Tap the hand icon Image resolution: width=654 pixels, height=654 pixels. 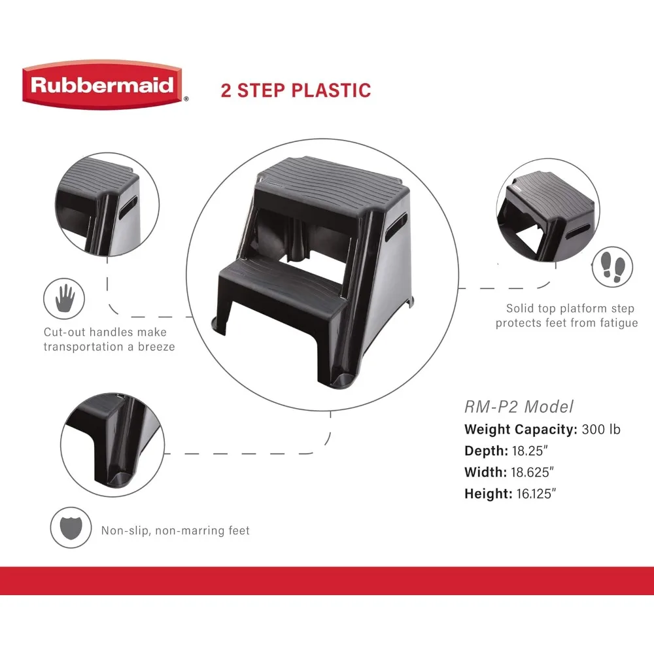tap(65, 300)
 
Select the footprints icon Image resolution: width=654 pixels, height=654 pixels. tap(612, 267)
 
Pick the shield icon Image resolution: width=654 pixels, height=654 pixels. tap(71, 528)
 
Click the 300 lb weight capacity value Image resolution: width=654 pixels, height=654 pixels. tap(601, 430)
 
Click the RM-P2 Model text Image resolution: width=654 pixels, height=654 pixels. tap(519, 407)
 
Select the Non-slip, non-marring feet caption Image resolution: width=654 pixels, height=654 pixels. tap(175, 530)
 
